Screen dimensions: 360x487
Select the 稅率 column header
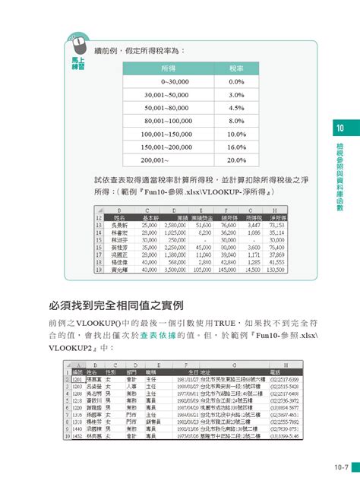click(x=236, y=68)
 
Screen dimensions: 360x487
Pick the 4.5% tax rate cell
click(x=236, y=107)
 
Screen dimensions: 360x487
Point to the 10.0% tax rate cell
click(x=236, y=134)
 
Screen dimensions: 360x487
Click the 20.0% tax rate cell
click(x=236, y=160)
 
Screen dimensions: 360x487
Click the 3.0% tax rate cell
click(x=236, y=94)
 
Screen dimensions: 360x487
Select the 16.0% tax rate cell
click(x=236, y=147)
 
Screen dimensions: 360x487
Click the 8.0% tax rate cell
click(x=236, y=120)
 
